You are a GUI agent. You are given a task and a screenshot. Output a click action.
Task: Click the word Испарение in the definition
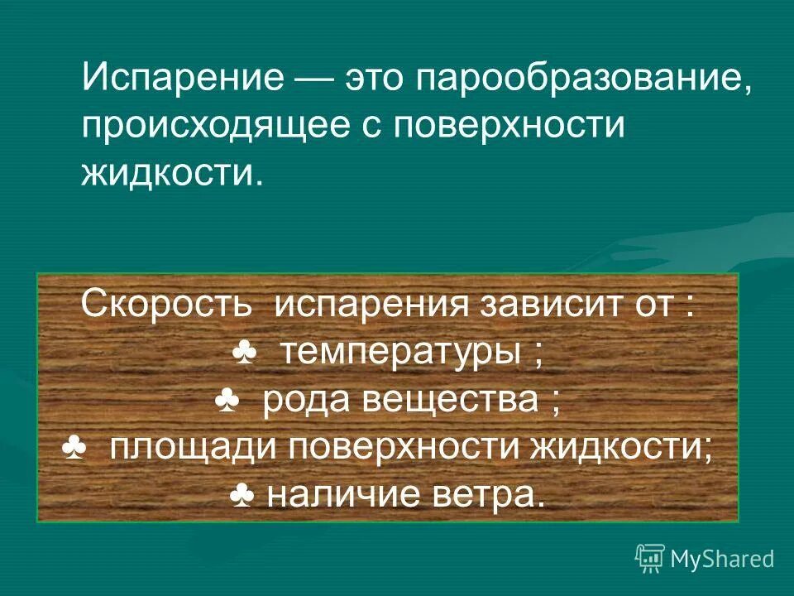184,80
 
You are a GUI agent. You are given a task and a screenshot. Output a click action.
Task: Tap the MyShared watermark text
722,560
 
